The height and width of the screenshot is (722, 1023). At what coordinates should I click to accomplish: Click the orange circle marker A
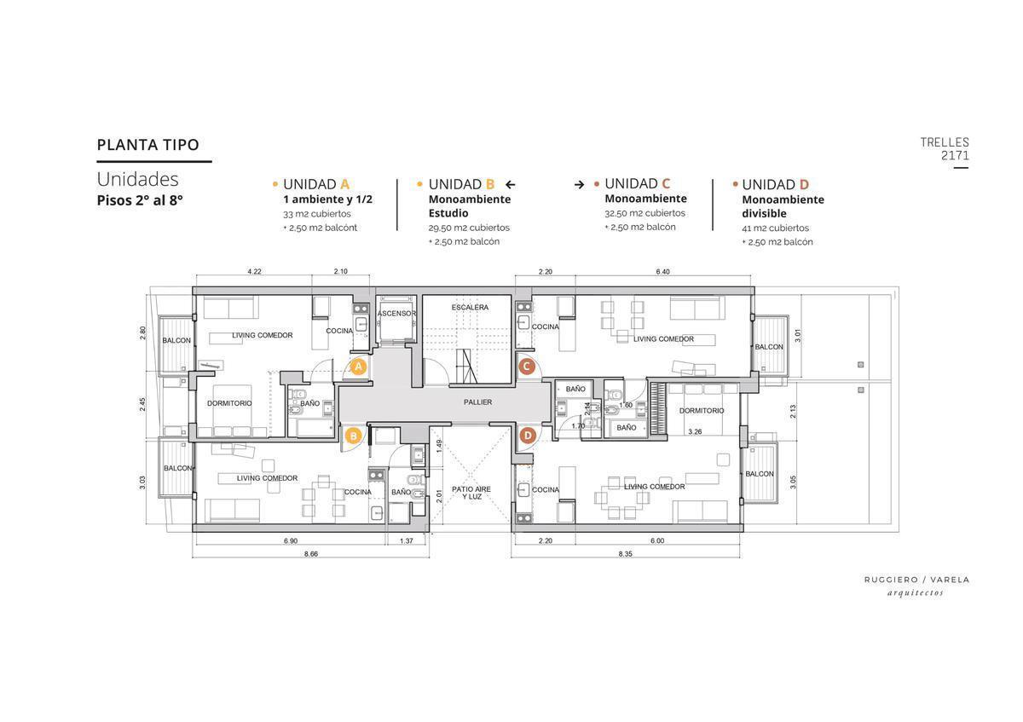point(358,367)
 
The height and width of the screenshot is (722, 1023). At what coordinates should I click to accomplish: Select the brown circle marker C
point(527,367)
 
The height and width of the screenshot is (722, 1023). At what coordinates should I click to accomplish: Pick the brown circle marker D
point(527,435)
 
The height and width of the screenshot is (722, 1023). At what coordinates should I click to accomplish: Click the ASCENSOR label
point(396,314)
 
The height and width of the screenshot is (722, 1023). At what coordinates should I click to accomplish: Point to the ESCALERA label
point(470,307)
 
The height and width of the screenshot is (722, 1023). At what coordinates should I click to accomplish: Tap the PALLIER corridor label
point(477,402)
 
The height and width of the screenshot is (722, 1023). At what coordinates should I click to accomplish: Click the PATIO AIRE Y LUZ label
point(471,493)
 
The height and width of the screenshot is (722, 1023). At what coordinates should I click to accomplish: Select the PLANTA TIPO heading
point(148,145)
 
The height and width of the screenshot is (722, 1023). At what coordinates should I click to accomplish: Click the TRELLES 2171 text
point(945,149)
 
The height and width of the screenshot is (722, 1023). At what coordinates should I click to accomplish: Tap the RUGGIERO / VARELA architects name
point(916,580)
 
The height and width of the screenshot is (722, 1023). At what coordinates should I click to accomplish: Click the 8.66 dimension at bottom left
point(310,554)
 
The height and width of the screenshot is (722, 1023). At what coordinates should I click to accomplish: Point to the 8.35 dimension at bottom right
point(625,554)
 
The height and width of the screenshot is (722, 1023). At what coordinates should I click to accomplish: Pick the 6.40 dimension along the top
point(663,272)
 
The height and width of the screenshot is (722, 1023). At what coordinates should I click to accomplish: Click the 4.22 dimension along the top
point(254,272)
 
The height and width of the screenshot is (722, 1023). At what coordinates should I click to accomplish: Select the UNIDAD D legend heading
point(775,184)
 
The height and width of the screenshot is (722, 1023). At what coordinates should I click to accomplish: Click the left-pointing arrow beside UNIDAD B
point(511,184)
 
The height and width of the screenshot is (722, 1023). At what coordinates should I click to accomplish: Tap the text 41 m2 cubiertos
point(775,228)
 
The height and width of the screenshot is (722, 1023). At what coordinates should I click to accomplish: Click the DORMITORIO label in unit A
point(229,403)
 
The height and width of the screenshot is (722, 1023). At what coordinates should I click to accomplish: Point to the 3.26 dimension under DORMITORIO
point(695,432)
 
